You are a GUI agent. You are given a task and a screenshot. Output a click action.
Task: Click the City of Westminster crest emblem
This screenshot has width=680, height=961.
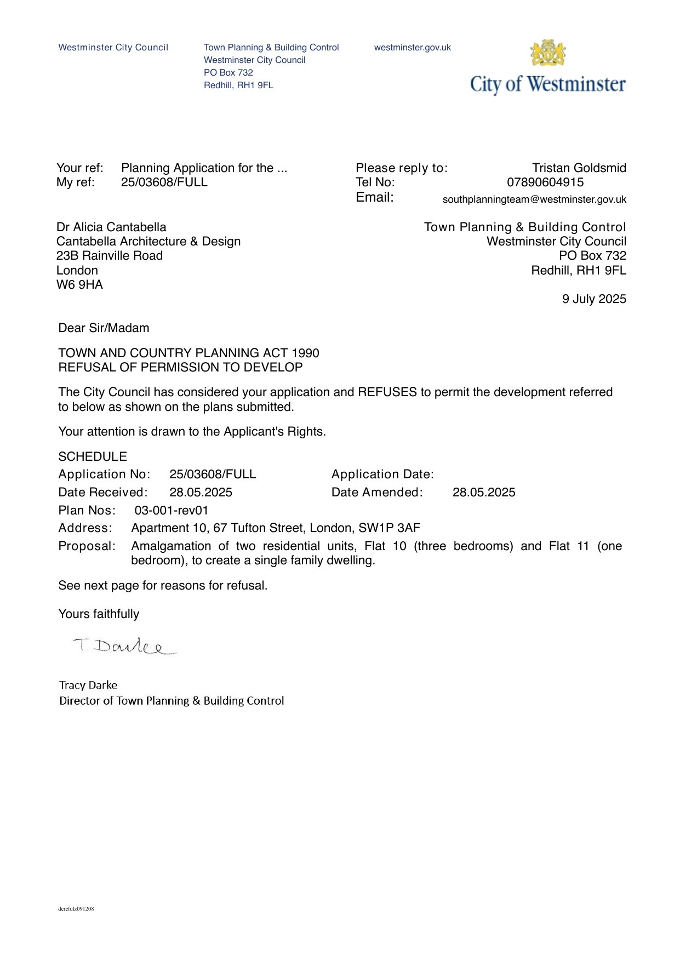click(547, 53)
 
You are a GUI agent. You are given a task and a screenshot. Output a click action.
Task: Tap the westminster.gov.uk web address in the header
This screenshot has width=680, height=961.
click(412, 48)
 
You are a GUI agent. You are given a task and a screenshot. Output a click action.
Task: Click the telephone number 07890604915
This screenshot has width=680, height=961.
click(545, 182)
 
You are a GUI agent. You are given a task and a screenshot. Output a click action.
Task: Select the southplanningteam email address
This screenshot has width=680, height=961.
click(534, 199)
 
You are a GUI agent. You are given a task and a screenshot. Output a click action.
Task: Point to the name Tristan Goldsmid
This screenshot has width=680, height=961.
click(579, 168)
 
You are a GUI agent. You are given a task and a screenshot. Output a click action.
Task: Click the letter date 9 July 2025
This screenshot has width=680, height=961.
click(593, 299)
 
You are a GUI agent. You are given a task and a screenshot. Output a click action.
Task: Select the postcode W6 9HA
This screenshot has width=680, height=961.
click(79, 285)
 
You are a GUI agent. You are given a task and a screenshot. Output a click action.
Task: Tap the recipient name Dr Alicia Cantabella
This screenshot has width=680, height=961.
click(111, 227)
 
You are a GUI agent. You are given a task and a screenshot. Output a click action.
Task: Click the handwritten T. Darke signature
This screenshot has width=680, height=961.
click(124, 647)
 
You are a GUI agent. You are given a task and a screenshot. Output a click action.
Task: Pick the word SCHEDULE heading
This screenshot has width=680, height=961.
click(93, 457)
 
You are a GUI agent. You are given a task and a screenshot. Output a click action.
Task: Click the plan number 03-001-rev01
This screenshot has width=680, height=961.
click(171, 511)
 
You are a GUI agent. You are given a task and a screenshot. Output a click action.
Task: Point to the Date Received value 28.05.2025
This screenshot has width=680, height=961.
click(201, 493)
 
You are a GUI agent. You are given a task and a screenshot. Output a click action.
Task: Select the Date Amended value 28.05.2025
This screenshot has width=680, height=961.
click(483, 493)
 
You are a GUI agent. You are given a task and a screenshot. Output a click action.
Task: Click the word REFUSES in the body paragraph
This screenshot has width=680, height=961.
click(387, 392)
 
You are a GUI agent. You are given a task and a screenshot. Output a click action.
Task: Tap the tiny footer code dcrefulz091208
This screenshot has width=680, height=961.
click(76, 909)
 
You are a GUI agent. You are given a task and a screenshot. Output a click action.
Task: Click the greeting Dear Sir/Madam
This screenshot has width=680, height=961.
click(104, 328)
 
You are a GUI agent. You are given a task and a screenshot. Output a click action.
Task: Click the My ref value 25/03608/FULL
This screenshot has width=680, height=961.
click(164, 182)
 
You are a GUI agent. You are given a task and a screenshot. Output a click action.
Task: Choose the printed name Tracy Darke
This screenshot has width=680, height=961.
click(88, 685)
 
